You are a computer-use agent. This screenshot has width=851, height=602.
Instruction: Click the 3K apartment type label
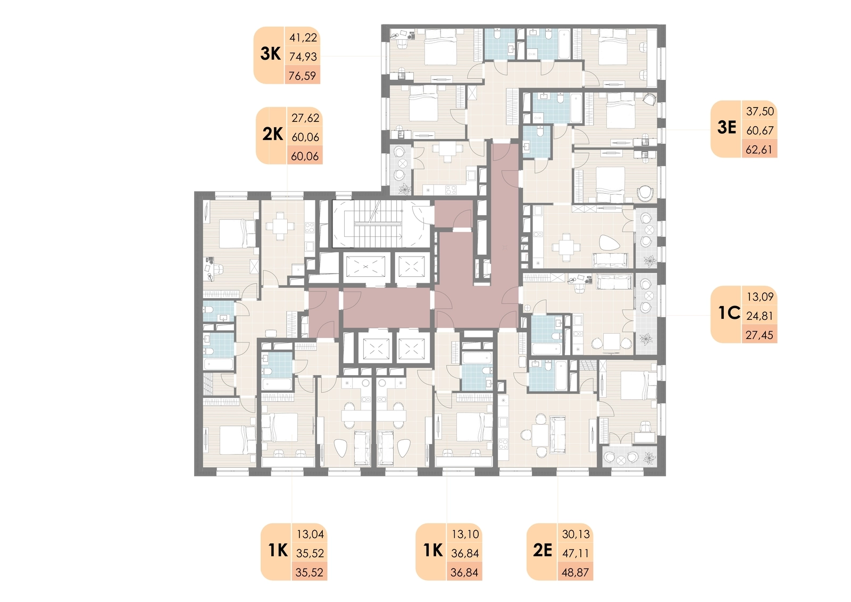coord(270,54)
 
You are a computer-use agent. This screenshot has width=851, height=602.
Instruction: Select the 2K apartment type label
coord(273,134)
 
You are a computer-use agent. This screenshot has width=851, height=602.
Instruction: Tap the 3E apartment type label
coord(727,127)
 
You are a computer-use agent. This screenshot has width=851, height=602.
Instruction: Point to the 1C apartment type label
coord(729,313)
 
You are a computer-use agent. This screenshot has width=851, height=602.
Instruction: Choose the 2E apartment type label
coord(542,550)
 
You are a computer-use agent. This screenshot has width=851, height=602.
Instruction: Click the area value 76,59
coord(303,76)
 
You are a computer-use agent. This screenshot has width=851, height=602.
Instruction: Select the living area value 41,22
coord(303,37)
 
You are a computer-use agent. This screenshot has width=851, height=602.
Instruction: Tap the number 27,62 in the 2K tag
coord(305,118)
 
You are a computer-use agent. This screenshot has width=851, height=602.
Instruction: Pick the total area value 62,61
coord(759,150)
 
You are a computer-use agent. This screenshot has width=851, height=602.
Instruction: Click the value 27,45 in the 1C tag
coord(760,335)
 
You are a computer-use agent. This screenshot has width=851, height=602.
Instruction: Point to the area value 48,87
coord(575,572)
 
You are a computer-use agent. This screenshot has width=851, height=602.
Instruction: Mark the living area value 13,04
coord(310,534)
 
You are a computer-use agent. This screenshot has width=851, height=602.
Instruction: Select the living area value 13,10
coord(465,534)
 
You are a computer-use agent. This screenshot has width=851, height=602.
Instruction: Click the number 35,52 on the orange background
coord(309,572)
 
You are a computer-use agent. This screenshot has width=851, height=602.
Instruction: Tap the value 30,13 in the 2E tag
coord(576,534)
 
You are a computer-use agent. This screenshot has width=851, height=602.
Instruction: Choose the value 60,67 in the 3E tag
coord(760,130)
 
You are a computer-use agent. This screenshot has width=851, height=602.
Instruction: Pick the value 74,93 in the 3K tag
coord(303,56)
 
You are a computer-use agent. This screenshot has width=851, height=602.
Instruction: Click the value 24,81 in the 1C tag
coord(760,316)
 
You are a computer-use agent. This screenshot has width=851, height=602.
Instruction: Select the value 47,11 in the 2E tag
coord(575,554)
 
